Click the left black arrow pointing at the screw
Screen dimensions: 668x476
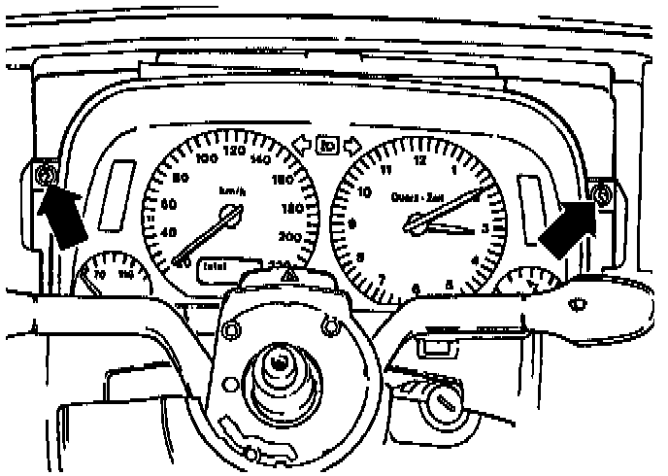tap(60, 217)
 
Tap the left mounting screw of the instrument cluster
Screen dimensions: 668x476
tap(43, 177)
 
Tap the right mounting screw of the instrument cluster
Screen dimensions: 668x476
tap(601, 196)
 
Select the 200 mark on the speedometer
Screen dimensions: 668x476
tap(288, 236)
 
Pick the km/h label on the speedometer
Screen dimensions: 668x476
tap(233, 192)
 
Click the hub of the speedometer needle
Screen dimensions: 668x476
tap(230, 221)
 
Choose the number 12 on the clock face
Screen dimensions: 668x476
tap(418, 161)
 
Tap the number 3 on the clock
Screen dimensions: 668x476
tap(484, 229)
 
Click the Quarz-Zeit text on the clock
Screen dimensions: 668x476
tap(418, 197)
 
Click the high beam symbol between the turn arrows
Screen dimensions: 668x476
tap(327, 149)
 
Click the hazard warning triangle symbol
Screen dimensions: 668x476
tap(288, 278)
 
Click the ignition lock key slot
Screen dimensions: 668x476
tap(448, 402)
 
